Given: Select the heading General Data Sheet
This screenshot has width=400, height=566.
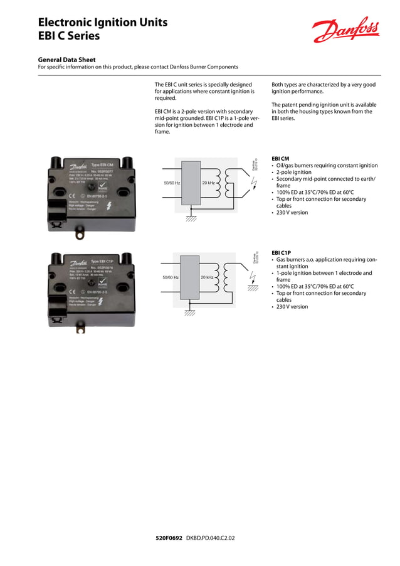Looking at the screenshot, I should coord(67,60).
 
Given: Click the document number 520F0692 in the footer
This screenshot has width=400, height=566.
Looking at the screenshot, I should coord(169,538).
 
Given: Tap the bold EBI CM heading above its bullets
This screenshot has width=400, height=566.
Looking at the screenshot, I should coord(280,158).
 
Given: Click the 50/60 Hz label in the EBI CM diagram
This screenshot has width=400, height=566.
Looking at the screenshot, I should coord(171,183).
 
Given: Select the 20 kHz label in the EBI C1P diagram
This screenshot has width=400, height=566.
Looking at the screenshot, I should coord(207,277).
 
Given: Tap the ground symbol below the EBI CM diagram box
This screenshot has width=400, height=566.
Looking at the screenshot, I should coord(191,218).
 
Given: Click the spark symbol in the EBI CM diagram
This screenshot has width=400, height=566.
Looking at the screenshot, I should coord(253,183).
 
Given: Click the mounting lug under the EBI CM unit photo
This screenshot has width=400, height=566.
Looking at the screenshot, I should coord(80,234).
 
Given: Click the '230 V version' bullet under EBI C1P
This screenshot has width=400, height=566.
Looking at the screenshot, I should coord(292,307).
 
